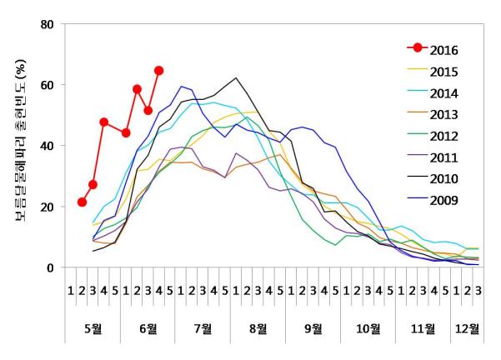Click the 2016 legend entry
(443, 50)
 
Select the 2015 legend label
(443, 72)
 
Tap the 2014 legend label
(443, 92)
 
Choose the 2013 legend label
(443, 114)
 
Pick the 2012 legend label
(443, 135)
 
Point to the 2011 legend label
(443, 157)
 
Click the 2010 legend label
(443, 178)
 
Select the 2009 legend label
(443, 199)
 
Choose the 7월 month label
(203, 327)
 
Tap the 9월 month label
(313, 327)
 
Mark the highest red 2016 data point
(158, 71)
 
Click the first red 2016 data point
(82, 202)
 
